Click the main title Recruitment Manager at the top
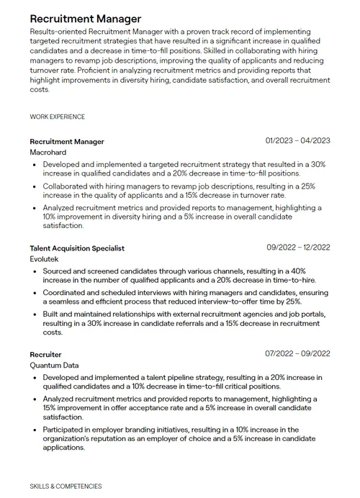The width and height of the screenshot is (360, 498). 86,18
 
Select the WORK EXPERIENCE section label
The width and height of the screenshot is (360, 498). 58,117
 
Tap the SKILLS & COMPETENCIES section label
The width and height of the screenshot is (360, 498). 66,486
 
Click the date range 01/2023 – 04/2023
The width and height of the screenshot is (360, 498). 297,140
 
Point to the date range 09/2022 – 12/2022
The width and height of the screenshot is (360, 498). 298,247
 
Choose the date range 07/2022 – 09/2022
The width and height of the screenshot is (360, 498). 297,353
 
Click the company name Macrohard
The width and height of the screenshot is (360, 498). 48,153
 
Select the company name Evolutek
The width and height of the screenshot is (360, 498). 45,259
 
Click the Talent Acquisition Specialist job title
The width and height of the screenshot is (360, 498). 77,248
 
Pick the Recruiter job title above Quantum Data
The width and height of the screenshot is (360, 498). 45,355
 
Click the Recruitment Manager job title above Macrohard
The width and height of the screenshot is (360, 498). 67,142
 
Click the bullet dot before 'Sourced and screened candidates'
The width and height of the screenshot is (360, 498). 36,271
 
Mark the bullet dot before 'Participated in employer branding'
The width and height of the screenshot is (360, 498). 36,430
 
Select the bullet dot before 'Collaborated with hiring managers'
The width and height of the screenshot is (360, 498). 36,186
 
